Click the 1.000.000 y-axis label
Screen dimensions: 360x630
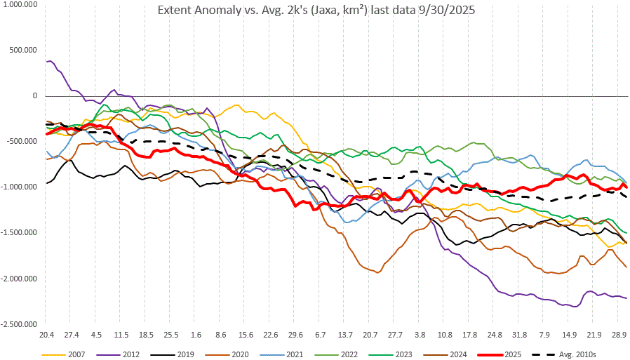tap(20, 4)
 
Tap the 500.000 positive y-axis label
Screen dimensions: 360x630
tap(23, 50)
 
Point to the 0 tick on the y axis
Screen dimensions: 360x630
tap(34, 95)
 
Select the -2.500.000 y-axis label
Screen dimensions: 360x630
tap(19, 324)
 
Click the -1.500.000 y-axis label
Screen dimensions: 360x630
tap(19, 233)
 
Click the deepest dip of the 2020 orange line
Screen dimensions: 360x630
tap(380, 272)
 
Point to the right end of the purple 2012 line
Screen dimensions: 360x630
tap(626, 298)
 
